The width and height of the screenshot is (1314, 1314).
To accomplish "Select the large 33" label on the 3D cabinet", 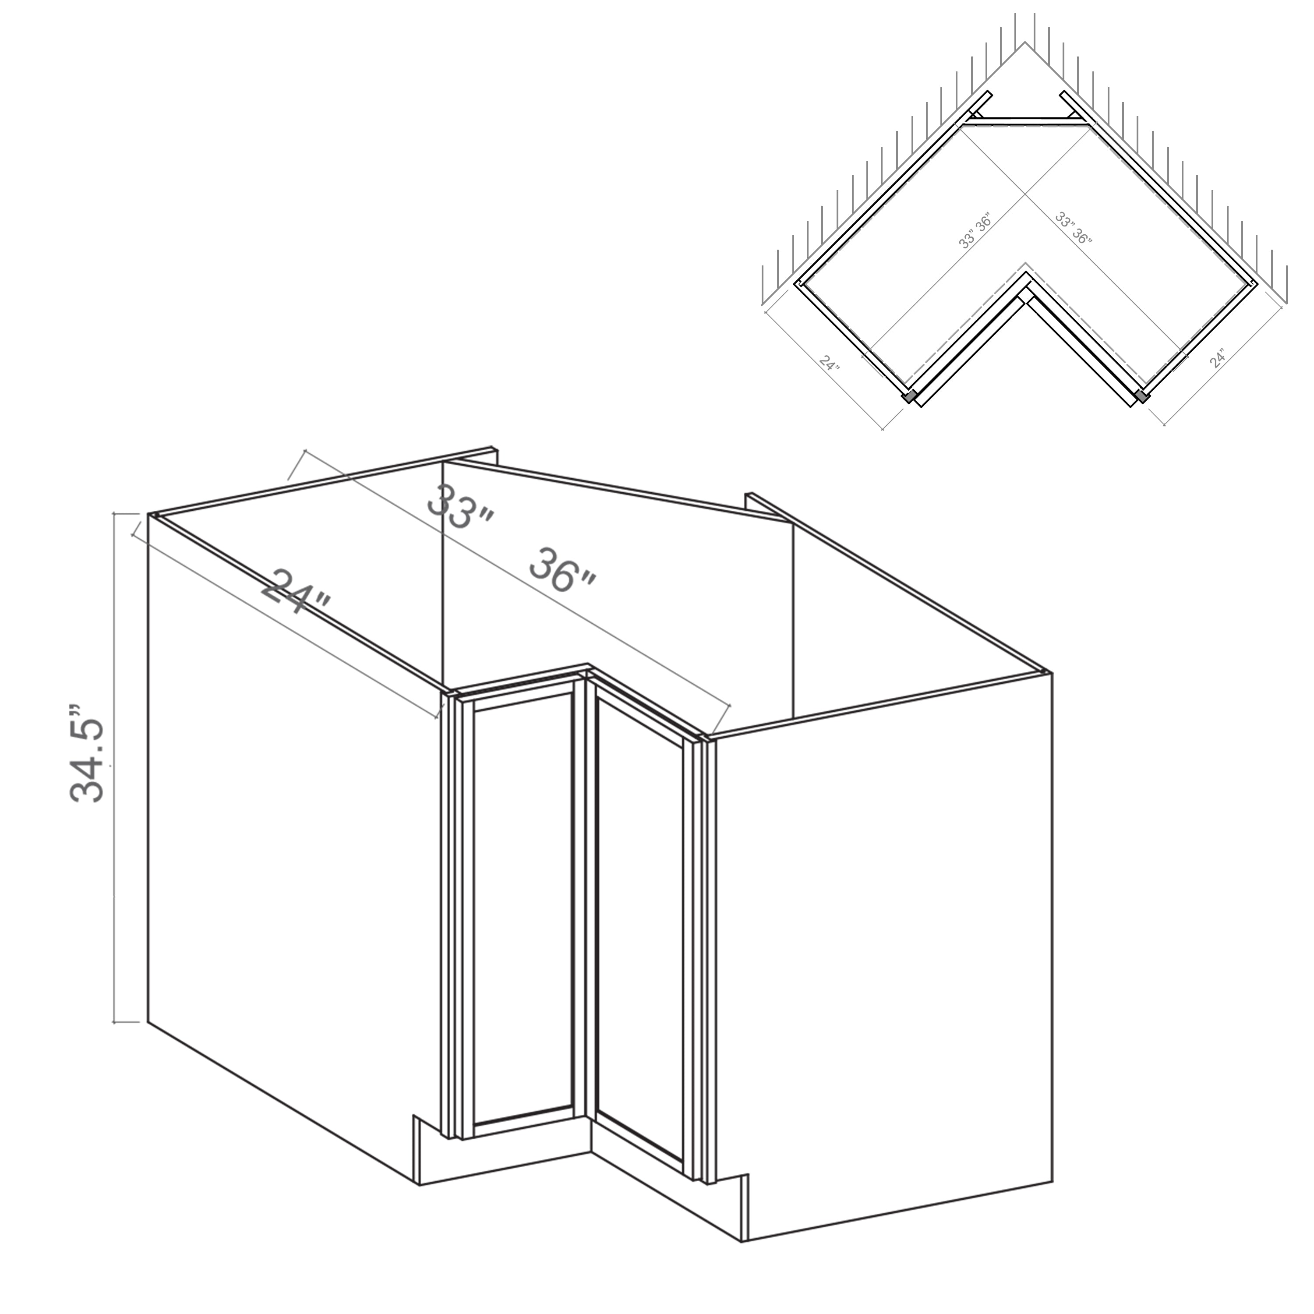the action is [x=460, y=505].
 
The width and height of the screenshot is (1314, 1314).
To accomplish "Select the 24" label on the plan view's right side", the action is [x=1218, y=358].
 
